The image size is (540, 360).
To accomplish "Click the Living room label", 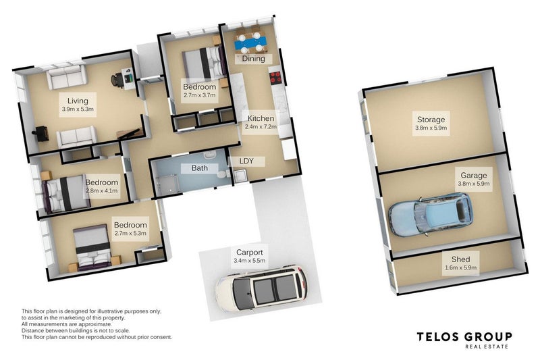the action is tap(78, 101).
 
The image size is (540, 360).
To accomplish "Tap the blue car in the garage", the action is tap(431, 215).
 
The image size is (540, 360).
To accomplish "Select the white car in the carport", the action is tap(261, 287).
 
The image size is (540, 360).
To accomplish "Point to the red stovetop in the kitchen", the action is tap(275, 78).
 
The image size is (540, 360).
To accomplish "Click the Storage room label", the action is tap(431, 120).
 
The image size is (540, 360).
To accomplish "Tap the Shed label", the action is tap(460, 259).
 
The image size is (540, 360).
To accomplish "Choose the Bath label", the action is tap(199, 168).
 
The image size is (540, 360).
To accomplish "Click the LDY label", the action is tap(246, 161).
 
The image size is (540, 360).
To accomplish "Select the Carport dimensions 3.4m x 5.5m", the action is tap(249, 261).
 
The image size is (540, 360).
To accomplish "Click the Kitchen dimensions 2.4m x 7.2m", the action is tap(261, 126).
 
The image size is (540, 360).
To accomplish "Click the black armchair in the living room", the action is tap(40, 134).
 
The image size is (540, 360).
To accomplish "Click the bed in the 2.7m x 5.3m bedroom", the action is tap(93, 247).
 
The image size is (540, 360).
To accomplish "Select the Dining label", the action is tap(254, 59).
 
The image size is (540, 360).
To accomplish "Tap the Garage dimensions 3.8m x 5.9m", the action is tap(474, 184).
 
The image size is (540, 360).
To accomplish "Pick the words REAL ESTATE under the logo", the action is tap(486, 346).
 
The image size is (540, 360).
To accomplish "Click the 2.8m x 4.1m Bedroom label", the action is tap(102, 182).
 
